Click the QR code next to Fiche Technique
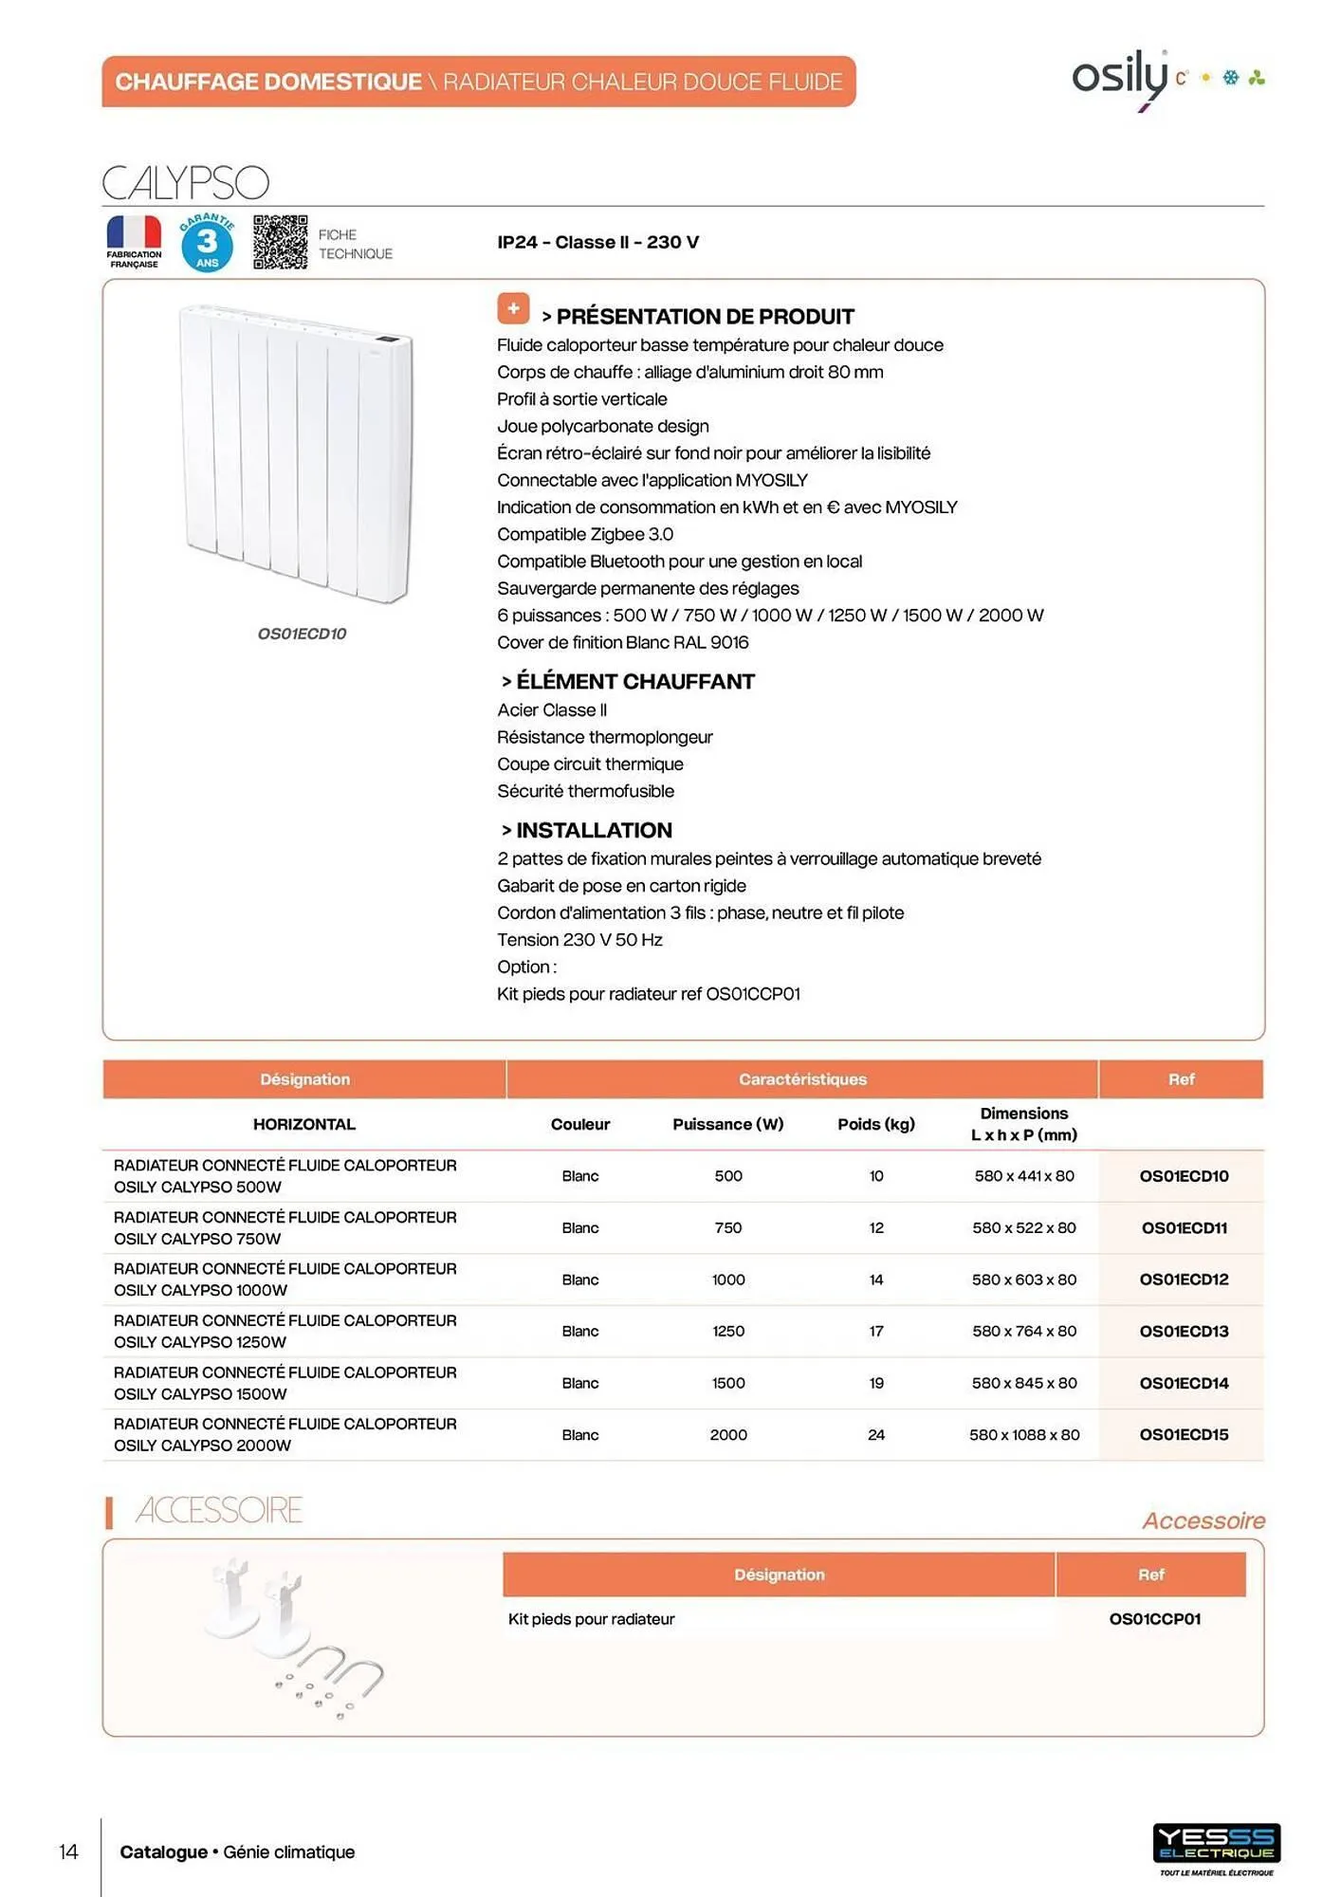tap(280, 242)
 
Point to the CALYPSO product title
tap(186, 183)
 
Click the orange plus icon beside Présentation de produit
tap(513, 308)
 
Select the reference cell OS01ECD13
tap(1184, 1331)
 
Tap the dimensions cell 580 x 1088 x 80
tap(1024, 1434)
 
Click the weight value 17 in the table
tap(876, 1331)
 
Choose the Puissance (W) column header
tap(727, 1124)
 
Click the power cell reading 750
tap(727, 1227)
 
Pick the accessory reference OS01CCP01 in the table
tap(1154, 1619)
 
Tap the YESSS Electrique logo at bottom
tap(1216, 1843)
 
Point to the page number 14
tap(68, 1851)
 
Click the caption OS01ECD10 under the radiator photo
tap(302, 634)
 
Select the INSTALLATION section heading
tap(594, 830)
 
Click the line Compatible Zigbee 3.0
tap(585, 534)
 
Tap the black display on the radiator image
tap(387, 338)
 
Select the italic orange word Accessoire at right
tap(1203, 1520)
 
